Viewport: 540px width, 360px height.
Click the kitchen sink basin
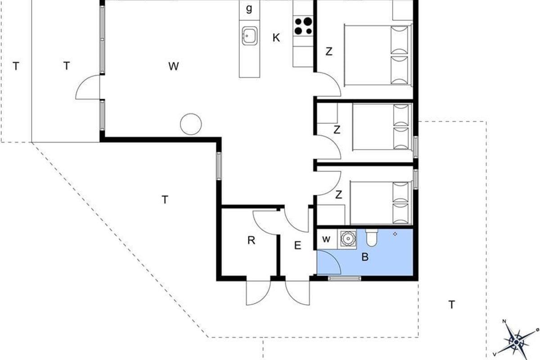(x=249, y=36)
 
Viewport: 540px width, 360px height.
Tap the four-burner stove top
(x=303, y=26)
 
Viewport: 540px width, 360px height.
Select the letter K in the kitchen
(x=276, y=38)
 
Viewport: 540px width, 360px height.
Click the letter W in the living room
(x=174, y=66)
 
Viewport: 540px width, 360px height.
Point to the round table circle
(x=191, y=124)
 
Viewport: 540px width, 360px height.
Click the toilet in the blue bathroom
(x=372, y=238)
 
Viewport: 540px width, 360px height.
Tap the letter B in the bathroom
(x=365, y=257)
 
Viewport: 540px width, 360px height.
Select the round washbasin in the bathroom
(x=348, y=238)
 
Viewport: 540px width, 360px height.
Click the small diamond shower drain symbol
(x=395, y=234)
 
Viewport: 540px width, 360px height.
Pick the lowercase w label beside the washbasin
(x=326, y=239)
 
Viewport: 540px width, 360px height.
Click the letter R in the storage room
(x=251, y=240)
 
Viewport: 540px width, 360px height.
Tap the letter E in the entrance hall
(x=298, y=245)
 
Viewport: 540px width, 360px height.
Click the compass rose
(x=516, y=342)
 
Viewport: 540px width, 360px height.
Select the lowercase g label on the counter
(x=249, y=9)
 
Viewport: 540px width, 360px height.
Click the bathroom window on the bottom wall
(x=345, y=279)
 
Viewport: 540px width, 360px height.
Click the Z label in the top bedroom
(x=329, y=51)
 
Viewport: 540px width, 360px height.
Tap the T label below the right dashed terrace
(x=451, y=305)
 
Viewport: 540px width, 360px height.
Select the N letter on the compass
(x=504, y=321)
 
